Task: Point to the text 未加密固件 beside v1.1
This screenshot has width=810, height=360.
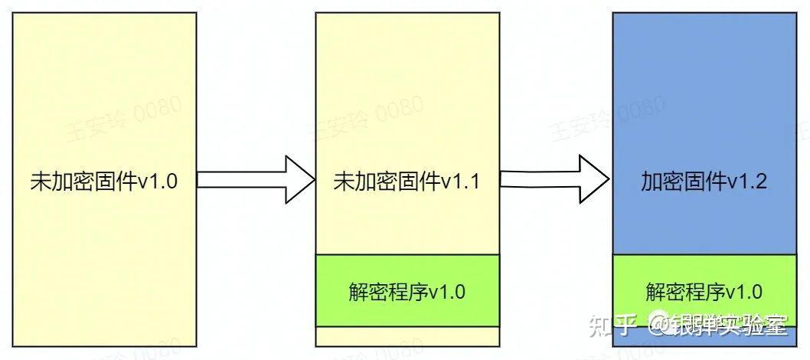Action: pos(385,182)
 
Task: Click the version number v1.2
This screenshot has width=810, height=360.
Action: pos(746,182)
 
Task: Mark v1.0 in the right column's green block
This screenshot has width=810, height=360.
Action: pos(743,291)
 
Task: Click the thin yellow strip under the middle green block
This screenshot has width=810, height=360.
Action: pos(407,336)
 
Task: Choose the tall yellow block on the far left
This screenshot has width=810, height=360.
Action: pos(103,92)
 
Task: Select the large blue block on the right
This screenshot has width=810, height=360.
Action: pos(704,92)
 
